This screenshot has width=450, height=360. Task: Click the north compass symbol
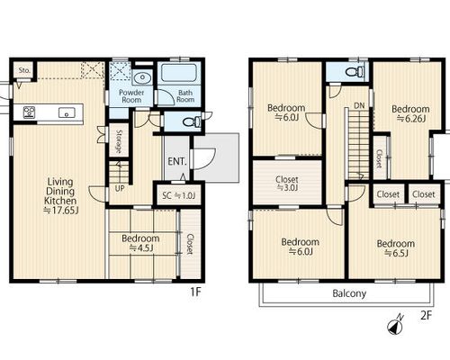395,325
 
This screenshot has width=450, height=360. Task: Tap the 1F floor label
195,292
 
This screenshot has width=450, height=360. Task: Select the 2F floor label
426,315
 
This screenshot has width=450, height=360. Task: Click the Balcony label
349,293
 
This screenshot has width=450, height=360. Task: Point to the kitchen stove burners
29,112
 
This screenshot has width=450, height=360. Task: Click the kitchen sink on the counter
67,112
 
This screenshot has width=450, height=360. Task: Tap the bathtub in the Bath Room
179,72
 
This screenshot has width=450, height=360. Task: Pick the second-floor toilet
355,72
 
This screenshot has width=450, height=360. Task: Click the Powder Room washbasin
142,78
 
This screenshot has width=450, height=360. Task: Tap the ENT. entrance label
177,162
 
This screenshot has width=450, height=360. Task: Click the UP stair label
120,189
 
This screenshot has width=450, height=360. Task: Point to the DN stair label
359,105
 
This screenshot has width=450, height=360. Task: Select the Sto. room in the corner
24,70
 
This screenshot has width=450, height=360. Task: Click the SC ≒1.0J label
179,196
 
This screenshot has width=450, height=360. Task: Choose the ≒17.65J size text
61,211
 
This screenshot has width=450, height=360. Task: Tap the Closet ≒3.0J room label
287,184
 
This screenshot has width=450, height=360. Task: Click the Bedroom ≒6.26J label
410,113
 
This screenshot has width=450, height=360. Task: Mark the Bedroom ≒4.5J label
140,243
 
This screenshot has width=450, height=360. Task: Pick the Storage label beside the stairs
119,141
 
